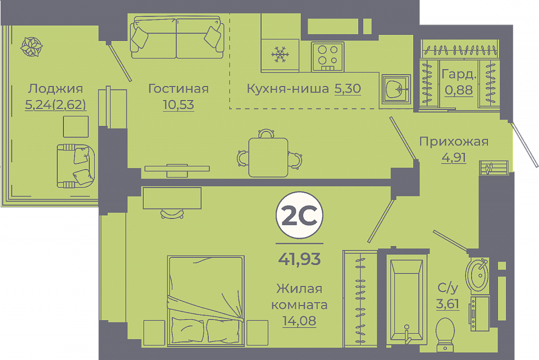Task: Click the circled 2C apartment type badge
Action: tap(299, 215)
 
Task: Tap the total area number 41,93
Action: tap(299, 259)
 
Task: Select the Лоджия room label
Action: tap(56, 89)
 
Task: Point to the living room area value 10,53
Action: tap(179, 104)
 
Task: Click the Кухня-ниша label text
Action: tap(287, 89)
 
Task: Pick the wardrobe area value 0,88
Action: tap(459, 90)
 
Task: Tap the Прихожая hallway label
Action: tap(454, 142)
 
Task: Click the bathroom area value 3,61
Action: tap(447, 304)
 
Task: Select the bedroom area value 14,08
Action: tap(299, 321)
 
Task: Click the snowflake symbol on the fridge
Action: tap(280, 54)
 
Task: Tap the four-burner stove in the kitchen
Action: tap(327, 57)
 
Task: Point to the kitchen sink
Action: tap(396, 89)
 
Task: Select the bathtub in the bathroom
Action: tap(406, 299)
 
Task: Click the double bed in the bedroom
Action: tap(206, 300)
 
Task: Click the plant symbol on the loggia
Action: tap(31, 47)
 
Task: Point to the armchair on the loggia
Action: tap(76, 165)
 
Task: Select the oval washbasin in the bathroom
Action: tap(477, 275)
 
